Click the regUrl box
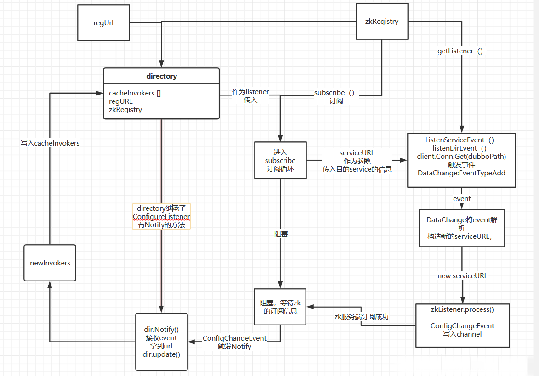click(103, 22)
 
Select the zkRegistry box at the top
click(382, 22)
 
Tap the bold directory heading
click(161, 76)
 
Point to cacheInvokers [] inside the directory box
click(135, 93)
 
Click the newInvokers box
click(50, 263)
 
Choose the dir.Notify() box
click(161, 342)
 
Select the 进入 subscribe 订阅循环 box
click(280, 160)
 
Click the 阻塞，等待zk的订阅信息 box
click(280, 307)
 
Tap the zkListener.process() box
click(462, 325)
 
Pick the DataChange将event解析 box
click(462, 228)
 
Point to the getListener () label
click(460, 51)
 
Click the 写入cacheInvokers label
click(50, 143)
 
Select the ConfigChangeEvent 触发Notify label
click(234, 342)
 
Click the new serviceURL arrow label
click(462, 276)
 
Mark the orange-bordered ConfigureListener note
click(161, 217)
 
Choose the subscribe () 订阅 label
click(335, 96)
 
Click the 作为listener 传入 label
click(250, 95)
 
